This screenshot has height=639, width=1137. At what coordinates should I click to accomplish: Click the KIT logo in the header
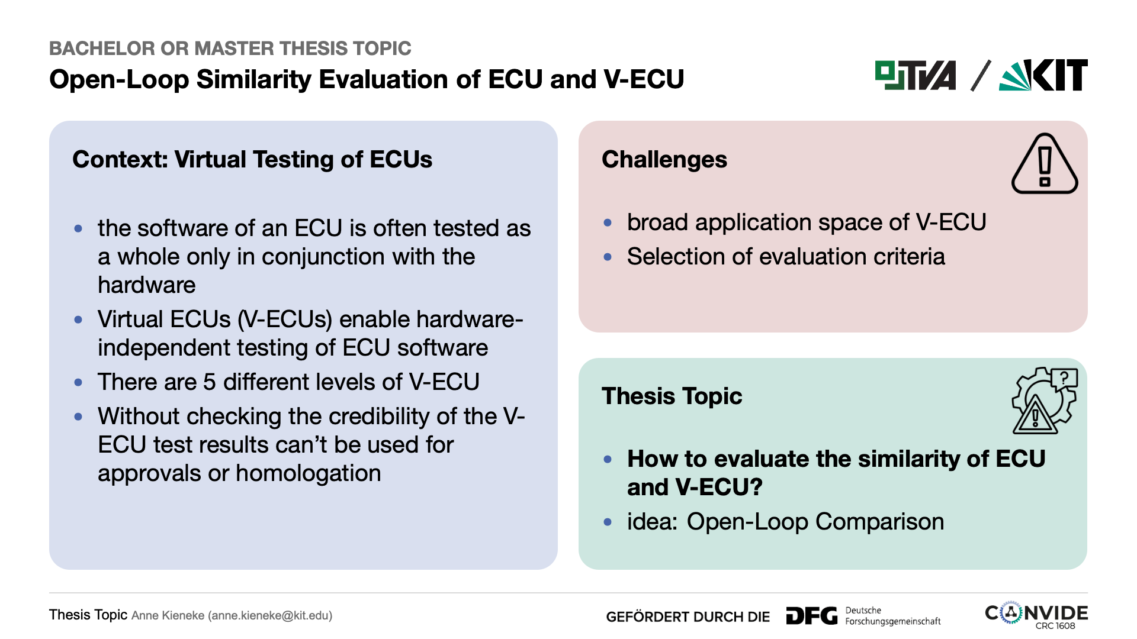[1043, 75]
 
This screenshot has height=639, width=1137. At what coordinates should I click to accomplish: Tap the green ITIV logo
[916, 75]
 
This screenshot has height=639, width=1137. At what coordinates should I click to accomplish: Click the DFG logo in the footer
[812, 616]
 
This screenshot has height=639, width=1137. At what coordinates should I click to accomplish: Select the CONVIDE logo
[1036, 615]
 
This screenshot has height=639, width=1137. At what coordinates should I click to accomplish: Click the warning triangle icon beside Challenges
[1045, 163]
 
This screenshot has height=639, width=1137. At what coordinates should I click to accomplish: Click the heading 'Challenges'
[664, 160]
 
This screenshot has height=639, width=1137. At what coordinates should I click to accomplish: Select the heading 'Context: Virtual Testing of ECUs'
[252, 160]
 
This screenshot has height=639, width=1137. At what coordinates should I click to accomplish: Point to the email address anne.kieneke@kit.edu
[270, 615]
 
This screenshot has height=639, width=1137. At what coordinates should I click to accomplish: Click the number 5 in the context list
[209, 382]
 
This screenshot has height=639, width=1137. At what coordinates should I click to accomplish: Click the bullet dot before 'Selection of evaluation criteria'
[608, 257]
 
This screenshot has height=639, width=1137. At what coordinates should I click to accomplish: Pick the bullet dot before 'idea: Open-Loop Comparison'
[608, 522]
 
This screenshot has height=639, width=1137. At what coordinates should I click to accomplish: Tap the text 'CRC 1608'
[1055, 626]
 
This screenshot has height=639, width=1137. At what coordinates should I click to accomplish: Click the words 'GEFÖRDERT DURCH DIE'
[688, 617]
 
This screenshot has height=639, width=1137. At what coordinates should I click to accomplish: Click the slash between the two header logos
[981, 76]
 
